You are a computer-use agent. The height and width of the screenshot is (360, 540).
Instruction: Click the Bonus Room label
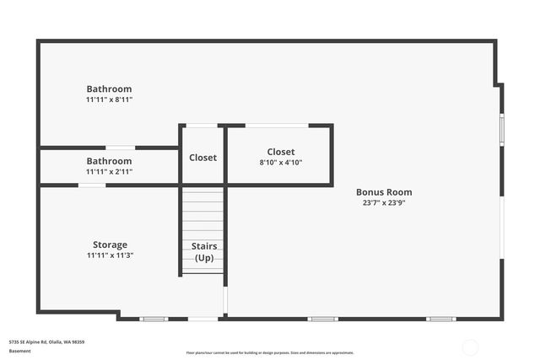tap(384, 192)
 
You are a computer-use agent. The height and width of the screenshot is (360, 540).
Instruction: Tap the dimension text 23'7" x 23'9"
tap(384, 202)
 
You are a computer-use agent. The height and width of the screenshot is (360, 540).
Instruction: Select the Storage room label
tap(110, 244)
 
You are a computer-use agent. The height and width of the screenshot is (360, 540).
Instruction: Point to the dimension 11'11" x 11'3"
tap(110, 255)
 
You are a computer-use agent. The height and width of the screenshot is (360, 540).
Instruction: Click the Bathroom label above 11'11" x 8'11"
tap(109, 89)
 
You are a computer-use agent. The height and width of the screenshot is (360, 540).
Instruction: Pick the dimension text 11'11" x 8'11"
tap(109, 99)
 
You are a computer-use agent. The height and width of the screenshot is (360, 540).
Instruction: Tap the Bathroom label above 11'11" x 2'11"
tap(109, 161)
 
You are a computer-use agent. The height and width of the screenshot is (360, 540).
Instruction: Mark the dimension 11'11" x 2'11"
tap(109, 171)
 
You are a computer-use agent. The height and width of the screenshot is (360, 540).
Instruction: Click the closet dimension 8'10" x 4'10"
tap(281, 163)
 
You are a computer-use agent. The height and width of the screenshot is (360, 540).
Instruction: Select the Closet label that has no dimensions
tap(202, 158)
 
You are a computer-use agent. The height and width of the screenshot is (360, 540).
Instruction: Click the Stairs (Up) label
tap(204, 252)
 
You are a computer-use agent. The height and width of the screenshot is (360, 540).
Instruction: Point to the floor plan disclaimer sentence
tap(270, 353)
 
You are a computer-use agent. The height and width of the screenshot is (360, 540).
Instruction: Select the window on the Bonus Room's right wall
tap(502, 128)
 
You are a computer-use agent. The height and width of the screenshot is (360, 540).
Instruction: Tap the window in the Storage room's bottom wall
tap(154, 319)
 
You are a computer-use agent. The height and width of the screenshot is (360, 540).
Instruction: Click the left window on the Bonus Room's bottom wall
tap(322, 319)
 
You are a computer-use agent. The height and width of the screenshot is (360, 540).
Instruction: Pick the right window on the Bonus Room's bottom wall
tap(440, 319)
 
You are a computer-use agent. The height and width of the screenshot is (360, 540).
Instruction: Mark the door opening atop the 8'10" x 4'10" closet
tap(277, 126)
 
